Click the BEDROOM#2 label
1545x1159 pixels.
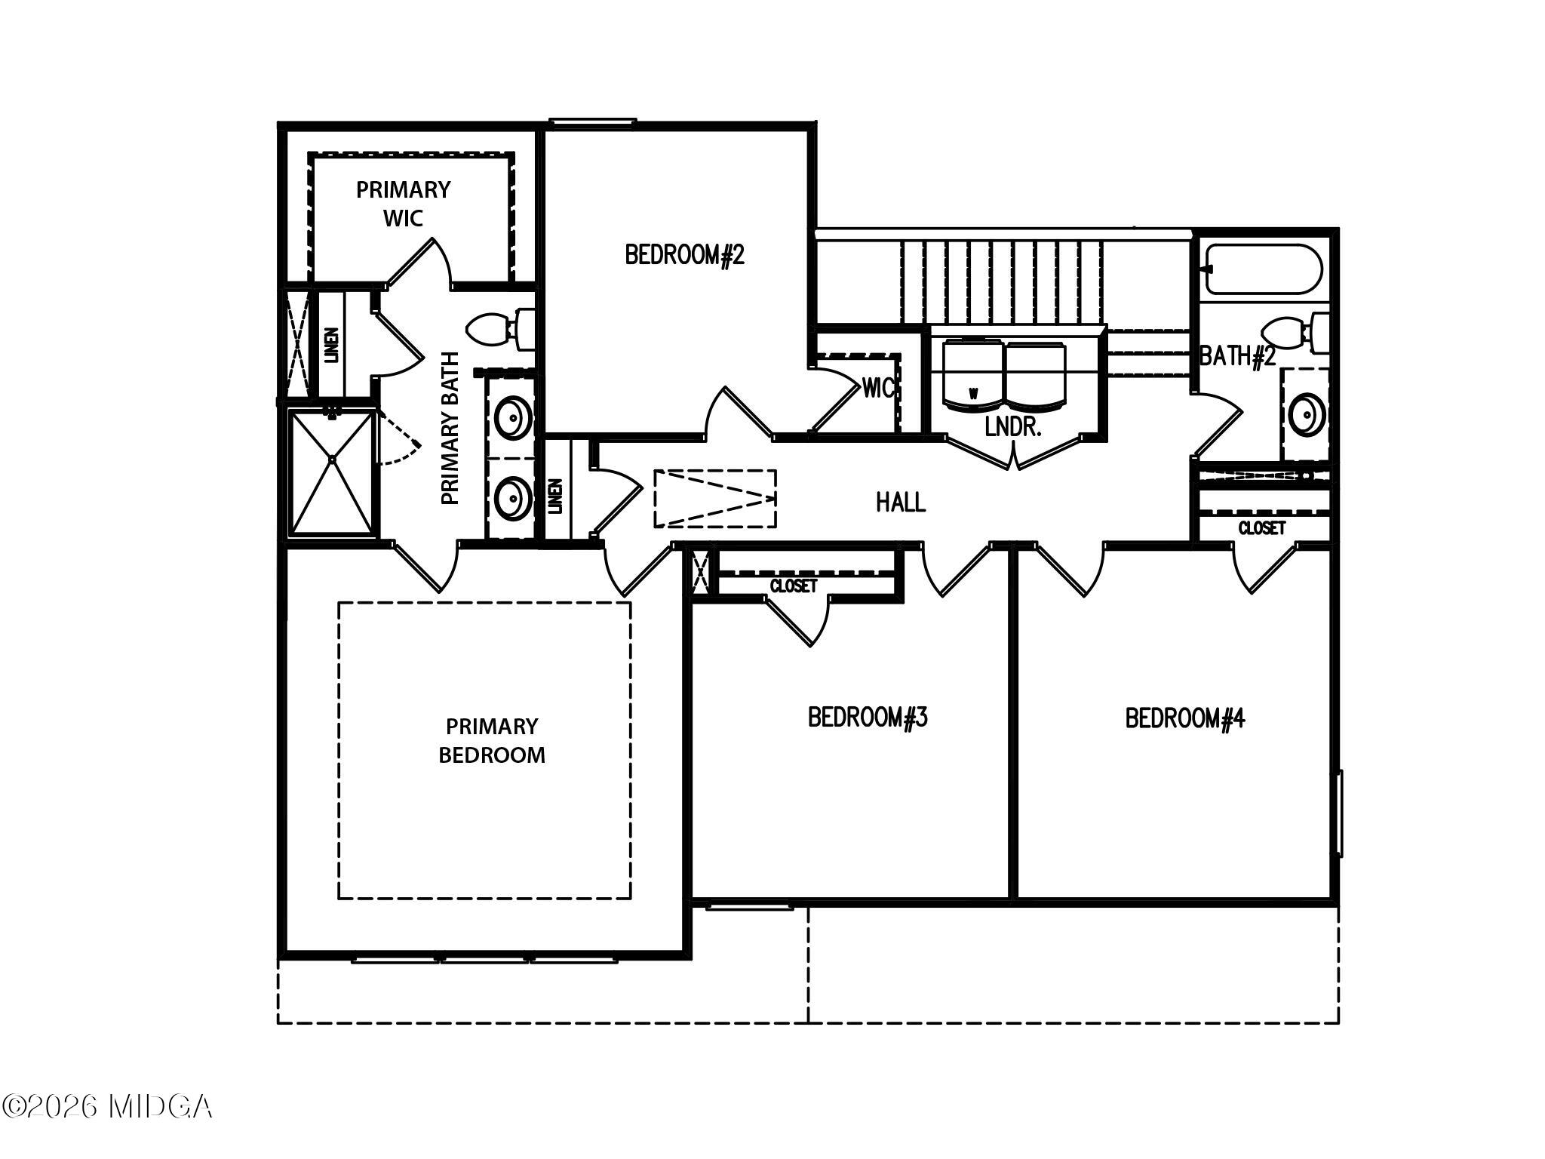tap(684, 255)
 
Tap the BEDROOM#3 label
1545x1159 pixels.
tap(868, 717)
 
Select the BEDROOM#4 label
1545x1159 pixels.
tap(1185, 718)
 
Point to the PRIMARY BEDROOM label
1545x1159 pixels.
tap(492, 741)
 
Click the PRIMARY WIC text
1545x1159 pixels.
tap(404, 204)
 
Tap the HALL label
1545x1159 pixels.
tap(901, 502)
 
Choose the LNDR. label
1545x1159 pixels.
tap(1013, 428)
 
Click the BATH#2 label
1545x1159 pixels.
tap(1237, 356)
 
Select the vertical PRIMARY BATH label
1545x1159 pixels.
tap(450, 428)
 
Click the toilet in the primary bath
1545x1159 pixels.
tap(501, 330)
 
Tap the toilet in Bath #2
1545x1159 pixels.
tap(1295, 333)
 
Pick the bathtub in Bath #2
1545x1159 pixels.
tap(1264, 269)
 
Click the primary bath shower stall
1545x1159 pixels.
tap(332, 472)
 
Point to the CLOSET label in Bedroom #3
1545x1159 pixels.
tap(794, 586)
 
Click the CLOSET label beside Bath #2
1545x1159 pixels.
tap(1262, 528)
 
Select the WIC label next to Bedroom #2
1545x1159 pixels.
tap(879, 389)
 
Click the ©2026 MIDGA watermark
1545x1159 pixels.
tap(107, 1107)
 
